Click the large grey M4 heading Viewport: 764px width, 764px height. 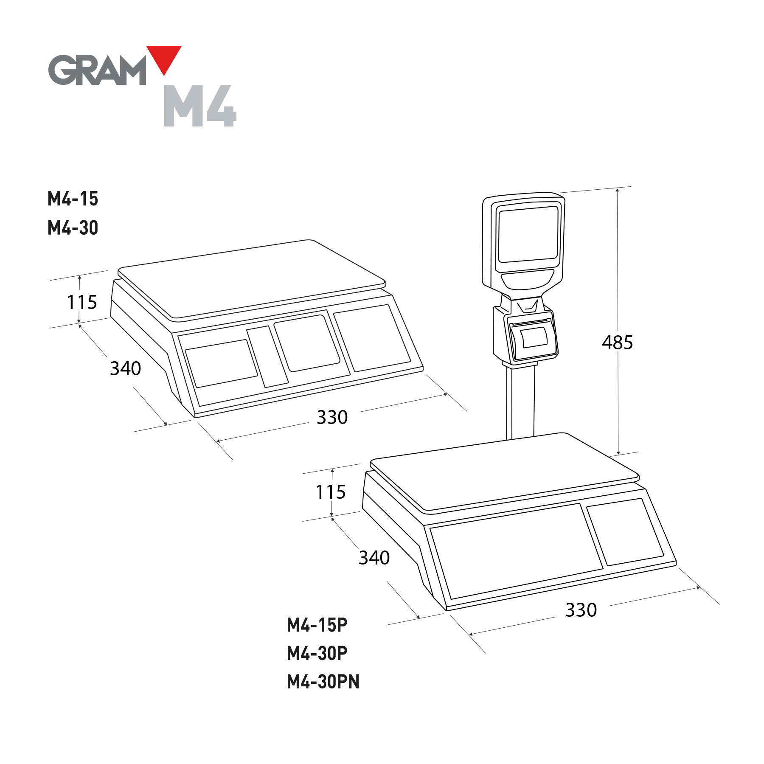(199, 106)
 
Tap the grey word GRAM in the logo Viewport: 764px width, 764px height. (97, 70)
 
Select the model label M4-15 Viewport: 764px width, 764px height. (73, 199)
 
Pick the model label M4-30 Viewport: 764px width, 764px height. (73, 228)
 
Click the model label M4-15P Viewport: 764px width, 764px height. (317, 625)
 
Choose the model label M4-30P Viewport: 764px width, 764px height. (317, 654)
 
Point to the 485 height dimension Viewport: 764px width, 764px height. (617, 343)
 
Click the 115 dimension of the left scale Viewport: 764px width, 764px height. (82, 303)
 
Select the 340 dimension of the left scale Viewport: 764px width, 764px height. (125, 368)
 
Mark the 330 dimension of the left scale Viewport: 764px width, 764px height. (332, 418)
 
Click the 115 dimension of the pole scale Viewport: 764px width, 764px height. (331, 492)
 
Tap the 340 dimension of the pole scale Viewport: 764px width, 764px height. (374, 558)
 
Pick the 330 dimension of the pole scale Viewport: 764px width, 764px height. (581, 610)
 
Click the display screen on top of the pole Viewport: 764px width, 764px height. (528, 234)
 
